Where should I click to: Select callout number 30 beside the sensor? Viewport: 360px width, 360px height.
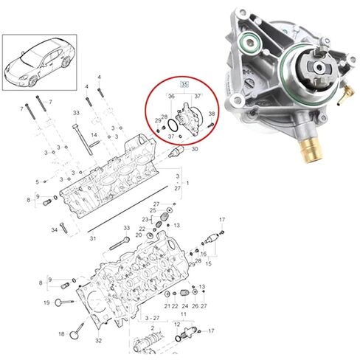(195, 150)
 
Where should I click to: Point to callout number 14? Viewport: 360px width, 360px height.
(94, 136)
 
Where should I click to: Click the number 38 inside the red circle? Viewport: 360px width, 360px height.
(212, 115)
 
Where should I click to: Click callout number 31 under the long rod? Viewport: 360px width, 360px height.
(93, 238)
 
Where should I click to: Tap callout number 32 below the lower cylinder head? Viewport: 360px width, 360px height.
(99, 342)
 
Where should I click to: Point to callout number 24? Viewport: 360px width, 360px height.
(186, 305)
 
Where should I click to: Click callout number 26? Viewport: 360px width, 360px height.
(195, 305)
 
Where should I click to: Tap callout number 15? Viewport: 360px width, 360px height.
(208, 263)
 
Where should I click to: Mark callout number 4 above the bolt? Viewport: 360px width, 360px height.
(86, 87)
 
